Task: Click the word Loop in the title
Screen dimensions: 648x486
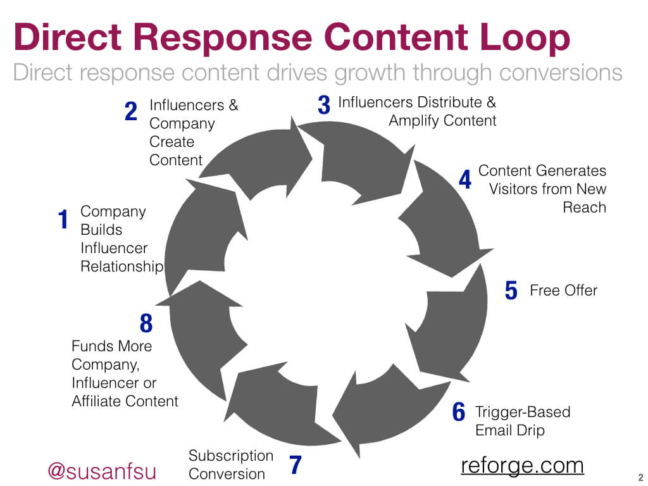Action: (x=525, y=39)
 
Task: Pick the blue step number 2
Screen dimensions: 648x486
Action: (x=130, y=111)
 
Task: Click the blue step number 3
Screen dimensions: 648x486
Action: (x=324, y=104)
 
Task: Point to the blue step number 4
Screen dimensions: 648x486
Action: (x=465, y=179)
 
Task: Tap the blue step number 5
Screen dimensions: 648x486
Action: (x=511, y=290)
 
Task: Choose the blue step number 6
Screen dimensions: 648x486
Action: (x=458, y=411)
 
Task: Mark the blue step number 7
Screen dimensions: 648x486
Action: (x=295, y=464)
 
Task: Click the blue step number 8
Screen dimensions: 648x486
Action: (x=146, y=323)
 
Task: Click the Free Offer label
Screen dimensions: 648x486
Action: (x=564, y=290)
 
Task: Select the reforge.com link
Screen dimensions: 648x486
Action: (x=522, y=466)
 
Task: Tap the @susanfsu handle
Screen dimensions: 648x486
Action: (x=102, y=471)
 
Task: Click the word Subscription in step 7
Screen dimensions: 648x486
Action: (x=230, y=456)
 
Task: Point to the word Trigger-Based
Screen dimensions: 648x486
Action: (x=523, y=412)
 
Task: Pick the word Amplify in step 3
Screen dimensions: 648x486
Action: (x=414, y=121)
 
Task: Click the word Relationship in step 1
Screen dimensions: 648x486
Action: (x=122, y=266)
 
